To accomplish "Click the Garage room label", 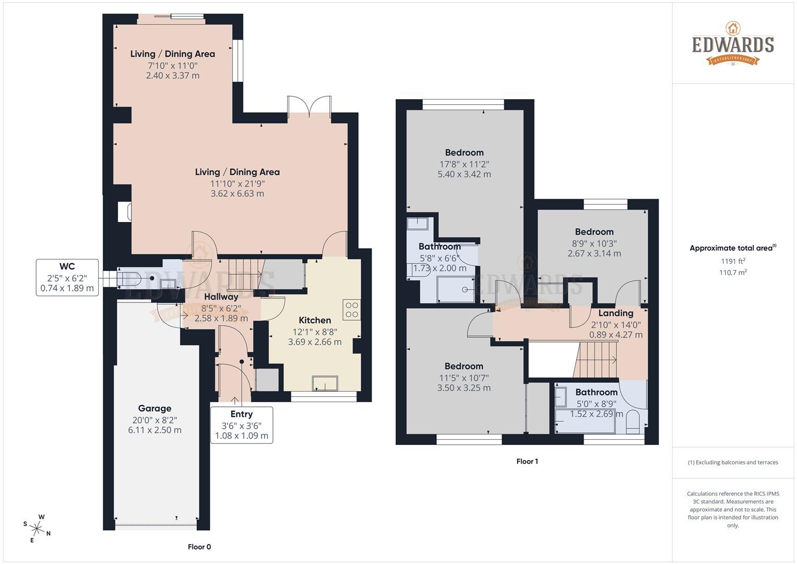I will [x=154, y=408].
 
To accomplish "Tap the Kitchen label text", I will [x=315, y=320].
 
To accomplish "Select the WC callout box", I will [x=67, y=277].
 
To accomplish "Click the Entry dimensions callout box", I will [x=241, y=425].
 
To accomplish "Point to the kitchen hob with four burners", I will [x=351, y=310].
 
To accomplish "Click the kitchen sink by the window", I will [x=325, y=384].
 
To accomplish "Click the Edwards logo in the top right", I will [x=733, y=44].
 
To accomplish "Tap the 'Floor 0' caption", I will [x=199, y=547].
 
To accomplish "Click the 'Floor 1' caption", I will [x=527, y=461].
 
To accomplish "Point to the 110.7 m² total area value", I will [x=733, y=273].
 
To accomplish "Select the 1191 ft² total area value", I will [x=733, y=261].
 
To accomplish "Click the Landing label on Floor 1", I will [x=616, y=313].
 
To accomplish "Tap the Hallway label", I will [x=221, y=297].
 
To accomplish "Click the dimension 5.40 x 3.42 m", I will [x=464, y=174].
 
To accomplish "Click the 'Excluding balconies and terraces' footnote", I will [x=733, y=462].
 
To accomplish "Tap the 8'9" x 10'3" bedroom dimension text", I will [x=594, y=243].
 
